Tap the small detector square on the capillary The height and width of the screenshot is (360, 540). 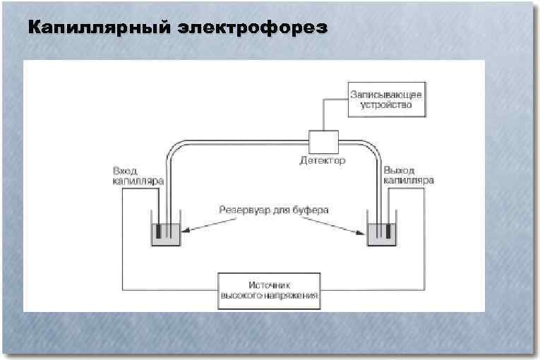pos(324,141)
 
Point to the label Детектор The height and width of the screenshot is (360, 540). pos(323,162)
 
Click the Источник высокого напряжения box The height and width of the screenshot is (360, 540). pos(270,291)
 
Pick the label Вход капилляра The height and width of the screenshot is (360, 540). pos(138,176)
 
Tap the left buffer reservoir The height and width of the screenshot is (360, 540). pos(167,236)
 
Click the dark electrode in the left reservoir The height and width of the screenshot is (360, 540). pos(160,231)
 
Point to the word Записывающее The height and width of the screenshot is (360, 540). pos(380,93)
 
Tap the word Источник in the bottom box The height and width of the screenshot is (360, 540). pos(270,284)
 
